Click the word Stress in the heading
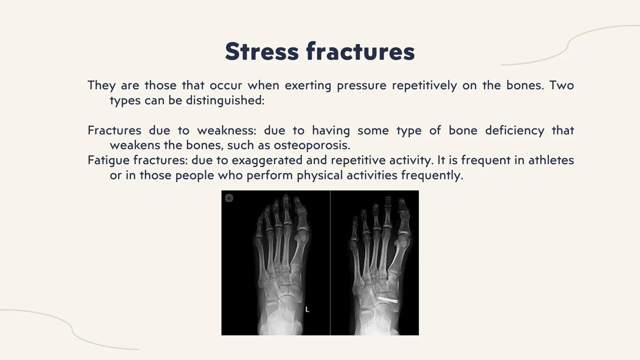[262, 52]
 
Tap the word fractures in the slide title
[360, 52]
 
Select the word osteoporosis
[312, 145]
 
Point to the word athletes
[551, 160]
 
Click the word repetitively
[424, 86]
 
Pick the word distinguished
[225, 100]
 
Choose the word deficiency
[514, 130]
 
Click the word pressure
[361, 86]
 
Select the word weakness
[227, 130]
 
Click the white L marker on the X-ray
[307, 310]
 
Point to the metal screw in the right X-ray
[387, 299]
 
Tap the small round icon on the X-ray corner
[229, 198]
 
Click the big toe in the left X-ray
[300, 213]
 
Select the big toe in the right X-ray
[403, 217]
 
